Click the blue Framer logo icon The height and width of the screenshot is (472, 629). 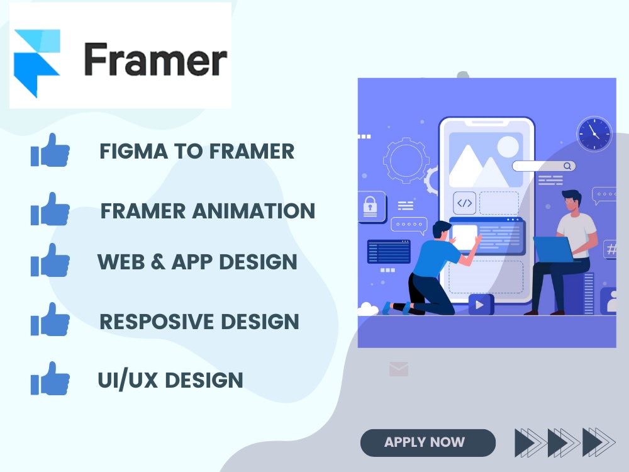[x=36, y=62]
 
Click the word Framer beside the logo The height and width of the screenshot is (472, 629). [x=155, y=60]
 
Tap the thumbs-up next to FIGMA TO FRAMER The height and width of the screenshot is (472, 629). [x=50, y=150]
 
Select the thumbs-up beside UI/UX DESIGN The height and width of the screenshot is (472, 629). [x=50, y=379]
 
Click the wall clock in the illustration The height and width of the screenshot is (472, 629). [x=594, y=134]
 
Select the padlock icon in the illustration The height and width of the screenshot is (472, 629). [x=371, y=205]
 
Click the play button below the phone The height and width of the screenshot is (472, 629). [x=481, y=305]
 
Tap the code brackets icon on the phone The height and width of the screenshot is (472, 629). [x=464, y=203]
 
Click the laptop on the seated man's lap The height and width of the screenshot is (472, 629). [x=554, y=249]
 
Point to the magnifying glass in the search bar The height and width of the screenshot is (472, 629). [x=567, y=166]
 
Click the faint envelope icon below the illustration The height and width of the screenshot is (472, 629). [x=399, y=369]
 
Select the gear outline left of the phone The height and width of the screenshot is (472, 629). [x=406, y=160]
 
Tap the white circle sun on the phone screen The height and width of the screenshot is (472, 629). [x=508, y=147]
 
